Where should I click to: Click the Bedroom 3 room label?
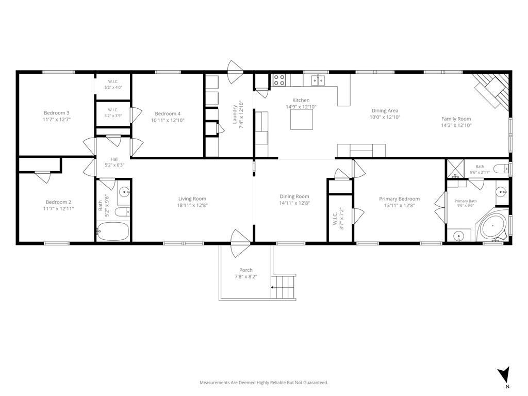pos(57,113)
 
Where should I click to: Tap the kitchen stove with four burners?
pos(279,80)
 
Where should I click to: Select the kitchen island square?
pos(302,120)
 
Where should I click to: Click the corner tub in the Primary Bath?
pos(492,226)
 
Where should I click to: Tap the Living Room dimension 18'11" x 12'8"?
pos(192,205)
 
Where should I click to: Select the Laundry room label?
pos(235,114)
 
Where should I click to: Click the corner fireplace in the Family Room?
pos(492,90)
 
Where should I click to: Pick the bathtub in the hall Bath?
pos(113,231)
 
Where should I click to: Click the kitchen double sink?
pos(318,80)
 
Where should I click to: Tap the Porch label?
pos(246,270)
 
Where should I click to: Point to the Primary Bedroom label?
pos(400,199)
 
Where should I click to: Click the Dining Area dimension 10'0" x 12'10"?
pos(385,117)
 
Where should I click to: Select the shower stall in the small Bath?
pos(455,169)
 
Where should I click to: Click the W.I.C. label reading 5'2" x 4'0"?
pos(113,87)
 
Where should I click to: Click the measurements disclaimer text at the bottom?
pos(263,383)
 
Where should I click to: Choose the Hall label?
pos(114,159)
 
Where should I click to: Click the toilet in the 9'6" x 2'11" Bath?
pos(501,168)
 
